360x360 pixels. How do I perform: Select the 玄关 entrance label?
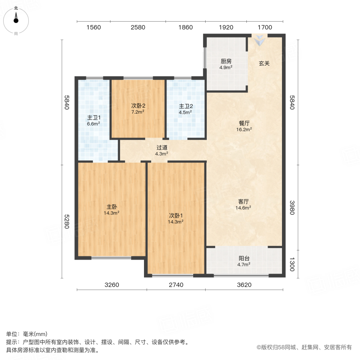pos(263,63)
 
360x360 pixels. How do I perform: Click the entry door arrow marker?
pos(260,40)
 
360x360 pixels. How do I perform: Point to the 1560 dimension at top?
pos(93,28)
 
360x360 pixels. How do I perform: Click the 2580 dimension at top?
pos(138,28)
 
